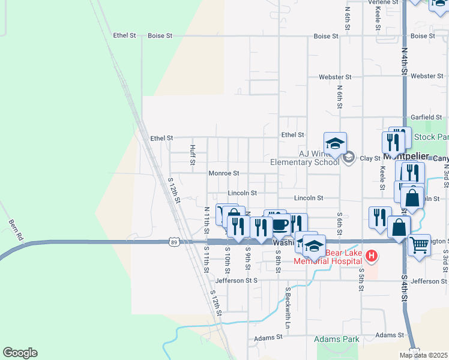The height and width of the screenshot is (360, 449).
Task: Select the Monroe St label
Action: coord(224,173)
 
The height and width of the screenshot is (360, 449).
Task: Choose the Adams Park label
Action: coord(337,340)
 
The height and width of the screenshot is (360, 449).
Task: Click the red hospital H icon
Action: coord(372,256)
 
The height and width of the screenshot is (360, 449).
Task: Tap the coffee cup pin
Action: coord(280,224)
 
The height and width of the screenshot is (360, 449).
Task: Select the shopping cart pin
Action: coord(419,244)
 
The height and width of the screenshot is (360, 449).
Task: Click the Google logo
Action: coord(20,353)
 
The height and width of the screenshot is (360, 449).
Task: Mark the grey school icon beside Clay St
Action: coord(349,158)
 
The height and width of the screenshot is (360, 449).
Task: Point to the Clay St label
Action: coord(370,158)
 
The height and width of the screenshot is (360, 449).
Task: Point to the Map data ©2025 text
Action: coord(424,355)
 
